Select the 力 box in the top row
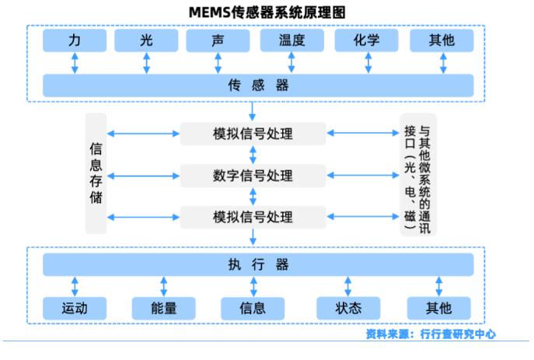click(x=75, y=40)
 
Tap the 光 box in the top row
click(x=146, y=40)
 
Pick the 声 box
click(x=218, y=40)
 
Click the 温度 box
click(x=291, y=40)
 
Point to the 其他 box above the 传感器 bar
click(x=442, y=40)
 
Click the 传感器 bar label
click(x=258, y=85)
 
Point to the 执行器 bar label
click(x=258, y=264)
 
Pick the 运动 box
click(x=75, y=308)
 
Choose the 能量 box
click(x=164, y=308)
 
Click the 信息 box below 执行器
click(x=253, y=308)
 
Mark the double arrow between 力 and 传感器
click(x=75, y=63)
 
